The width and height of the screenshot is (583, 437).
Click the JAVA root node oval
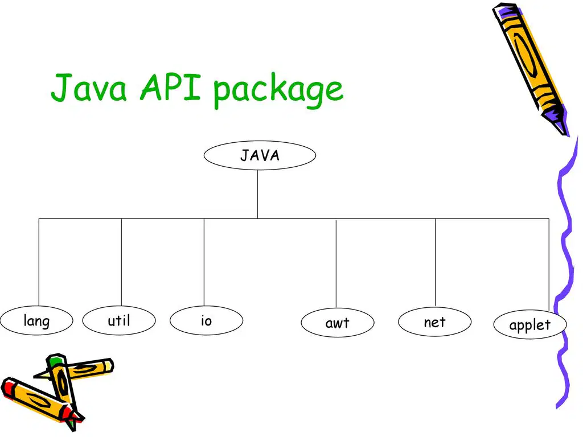(260, 155)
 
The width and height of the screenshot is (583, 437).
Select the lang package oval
(36, 320)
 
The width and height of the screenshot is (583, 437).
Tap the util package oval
(119, 320)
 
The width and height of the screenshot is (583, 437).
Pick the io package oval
(206, 320)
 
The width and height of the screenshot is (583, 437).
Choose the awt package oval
(338, 323)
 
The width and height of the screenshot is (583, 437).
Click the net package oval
(434, 322)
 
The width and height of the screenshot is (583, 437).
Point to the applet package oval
(530, 324)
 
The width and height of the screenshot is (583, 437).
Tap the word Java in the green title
(88, 88)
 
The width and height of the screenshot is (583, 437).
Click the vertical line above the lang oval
(39, 262)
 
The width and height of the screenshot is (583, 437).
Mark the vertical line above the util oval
(122, 262)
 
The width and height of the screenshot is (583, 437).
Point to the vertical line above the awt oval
(336, 264)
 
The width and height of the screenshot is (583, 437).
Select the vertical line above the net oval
(436, 263)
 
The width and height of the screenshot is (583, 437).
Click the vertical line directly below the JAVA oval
(257, 194)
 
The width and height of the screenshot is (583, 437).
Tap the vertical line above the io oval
(204, 262)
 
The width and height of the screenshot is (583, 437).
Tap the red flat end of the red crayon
(7, 386)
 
